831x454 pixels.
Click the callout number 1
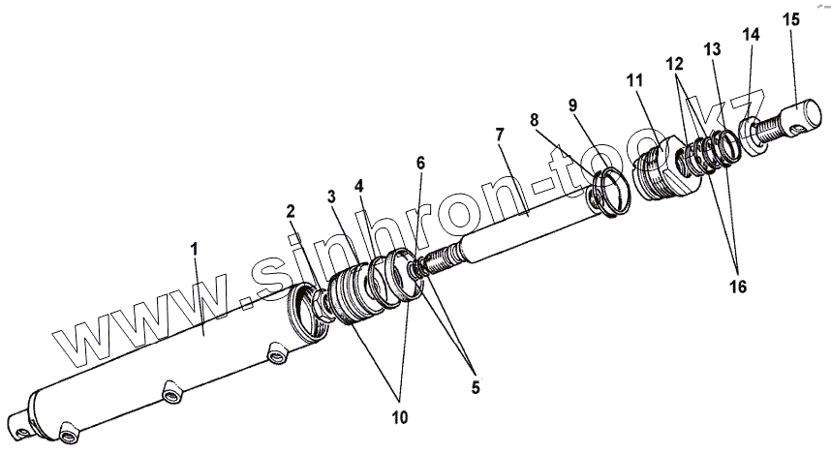pos(194,250)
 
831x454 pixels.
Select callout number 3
pos(332,197)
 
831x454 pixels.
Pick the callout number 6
pos(420,165)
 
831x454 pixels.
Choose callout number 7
pos(499,133)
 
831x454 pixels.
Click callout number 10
pos(400,418)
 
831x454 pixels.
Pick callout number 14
pos(752,35)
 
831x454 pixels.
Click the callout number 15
pos(791,19)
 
